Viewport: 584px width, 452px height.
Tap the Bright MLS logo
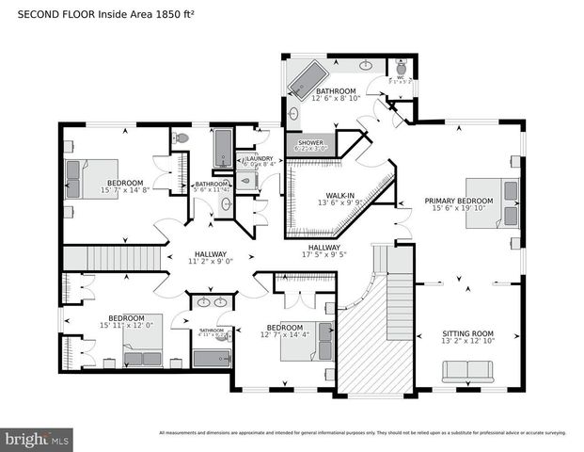[x=38, y=438]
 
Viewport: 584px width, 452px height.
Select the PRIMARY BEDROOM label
[x=458, y=201]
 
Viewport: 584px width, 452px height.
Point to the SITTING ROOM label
[x=468, y=333]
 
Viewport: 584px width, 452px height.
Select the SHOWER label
[x=309, y=142]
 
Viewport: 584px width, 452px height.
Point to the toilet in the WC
[x=401, y=68]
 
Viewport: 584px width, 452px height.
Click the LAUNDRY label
[x=260, y=158]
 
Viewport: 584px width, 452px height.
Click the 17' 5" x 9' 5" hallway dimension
[x=325, y=253]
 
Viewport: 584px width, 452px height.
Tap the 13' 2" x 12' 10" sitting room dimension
[x=468, y=342]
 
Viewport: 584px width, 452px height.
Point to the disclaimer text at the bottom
[x=362, y=432]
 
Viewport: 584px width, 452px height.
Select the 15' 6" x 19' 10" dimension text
[x=458, y=209]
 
